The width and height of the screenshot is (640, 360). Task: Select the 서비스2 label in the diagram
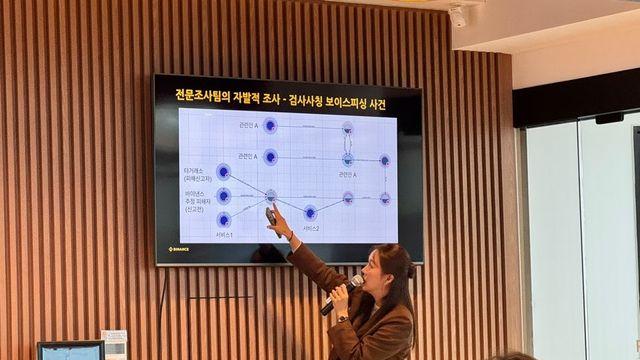pos(310,229)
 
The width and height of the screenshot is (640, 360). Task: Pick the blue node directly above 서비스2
pos(310,212)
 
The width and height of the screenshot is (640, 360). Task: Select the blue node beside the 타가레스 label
pos(224,172)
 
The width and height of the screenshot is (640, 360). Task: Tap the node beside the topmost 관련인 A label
pos(270,125)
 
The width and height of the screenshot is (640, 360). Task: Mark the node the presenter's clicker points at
pos(270,195)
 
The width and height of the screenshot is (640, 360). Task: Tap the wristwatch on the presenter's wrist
pos(342,318)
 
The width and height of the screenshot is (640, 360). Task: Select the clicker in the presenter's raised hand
pos(271,215)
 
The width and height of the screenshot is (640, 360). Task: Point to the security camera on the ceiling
pos(458,17)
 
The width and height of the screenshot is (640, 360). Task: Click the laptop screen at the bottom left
pos(70,352)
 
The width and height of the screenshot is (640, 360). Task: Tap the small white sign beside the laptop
pos(114,343)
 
